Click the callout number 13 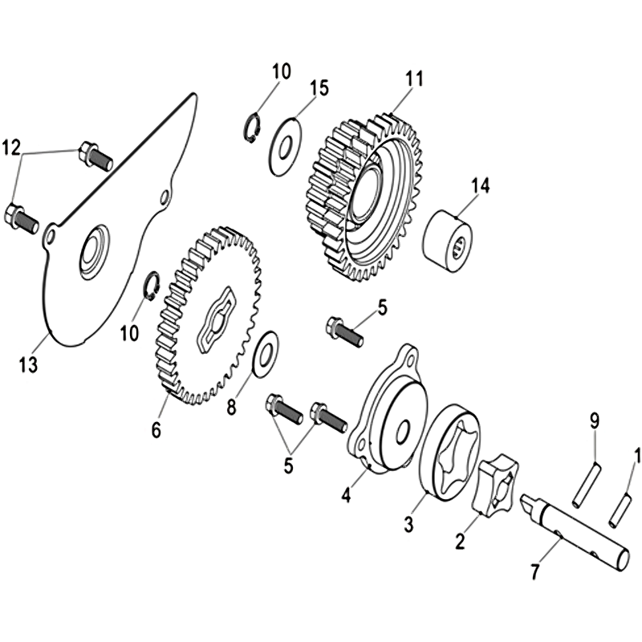coord(29,364)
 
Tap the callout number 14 coord(480,186)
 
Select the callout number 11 coord(414,79)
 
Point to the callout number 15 coord(319,88)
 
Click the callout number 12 coord(11,148)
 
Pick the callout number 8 coord(232,408)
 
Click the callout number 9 coord(594,421)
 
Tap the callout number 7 coord(534,571)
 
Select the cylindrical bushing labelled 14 coord(447,241)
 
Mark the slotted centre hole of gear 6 coord(217,319)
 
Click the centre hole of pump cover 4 coord(404,431)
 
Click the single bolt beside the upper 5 coord(345,332)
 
